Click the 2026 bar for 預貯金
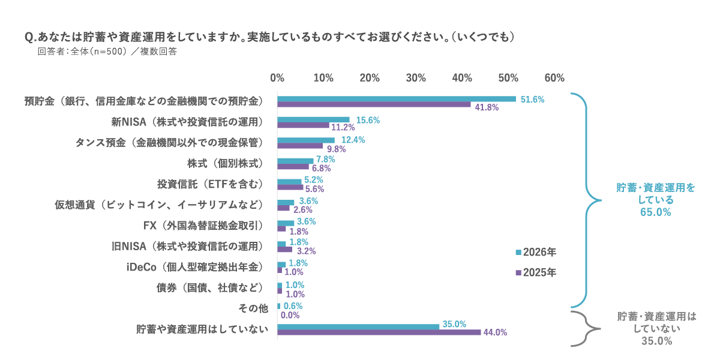click(x=396, y=99)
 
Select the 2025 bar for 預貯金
click(x=374, y=105)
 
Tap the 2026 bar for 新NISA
click(x=313, y=119)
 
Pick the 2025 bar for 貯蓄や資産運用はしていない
click(x=379, y=332)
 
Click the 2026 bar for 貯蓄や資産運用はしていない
click(x=358, y=326)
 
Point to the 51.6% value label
click(x=532, y=99)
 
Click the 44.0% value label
click(x=495, y=332)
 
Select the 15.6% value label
click(x=368, y=120)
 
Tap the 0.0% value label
click(x=290, y=315)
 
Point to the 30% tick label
click(x=416, y=78)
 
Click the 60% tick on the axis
click(x=554, y=78)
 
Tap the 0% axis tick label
click(x=277, y=78)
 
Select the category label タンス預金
click(x=169, y=142)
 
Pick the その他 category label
click(x=253, y=308)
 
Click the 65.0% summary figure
click(x=656, y=212)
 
